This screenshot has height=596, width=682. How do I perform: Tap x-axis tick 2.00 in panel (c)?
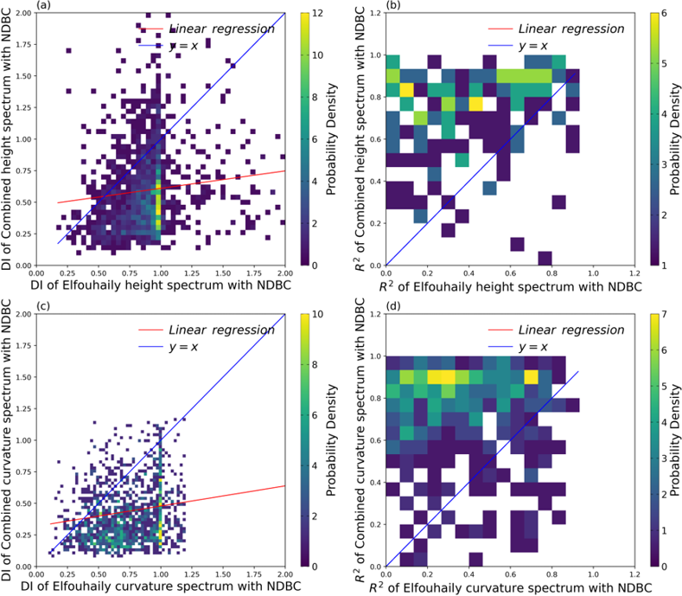[284, 575]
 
